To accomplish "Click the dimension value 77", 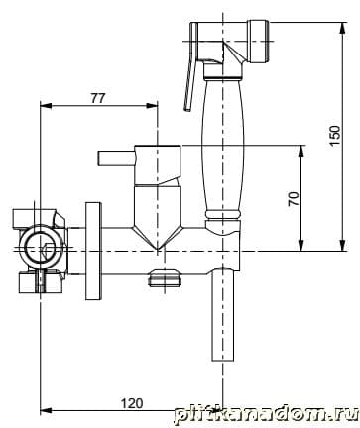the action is click(98, 98).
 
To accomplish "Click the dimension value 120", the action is click(132, 403).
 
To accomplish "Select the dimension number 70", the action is click(294, 198).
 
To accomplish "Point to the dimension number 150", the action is click(334, 135).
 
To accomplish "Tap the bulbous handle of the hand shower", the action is click(223, 146).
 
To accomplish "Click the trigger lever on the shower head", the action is click(191, 66).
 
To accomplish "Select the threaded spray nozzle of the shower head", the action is click(259, 42).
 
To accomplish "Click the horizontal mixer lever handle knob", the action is click(116, 159).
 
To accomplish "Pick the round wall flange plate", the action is click(93, 251).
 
